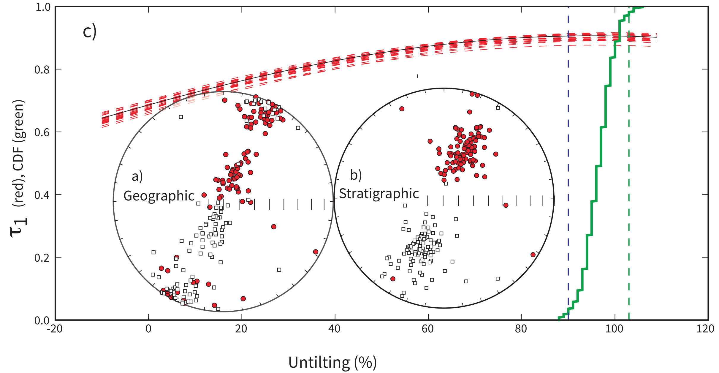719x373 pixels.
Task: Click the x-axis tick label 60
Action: pyautogui.click(x=428, y=329)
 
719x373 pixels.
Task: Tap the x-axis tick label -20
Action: pyautogui.click(x=55, y=329)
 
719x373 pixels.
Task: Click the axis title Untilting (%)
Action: pyautogui.click(x=332, y=363)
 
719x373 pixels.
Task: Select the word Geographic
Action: pyautogui.click(x=159, y=196)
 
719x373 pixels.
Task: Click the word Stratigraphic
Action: pyautogui.click(x=379, y=194)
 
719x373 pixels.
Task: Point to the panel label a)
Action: pyautogui.click(x=137, y=177)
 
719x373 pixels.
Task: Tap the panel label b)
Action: pyautogui.click(x=356, y=175)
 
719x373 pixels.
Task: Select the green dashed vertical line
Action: pyautogui.click(x=629, y=178)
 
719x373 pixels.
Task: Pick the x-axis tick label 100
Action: pyautogui.click(x=614, y=329)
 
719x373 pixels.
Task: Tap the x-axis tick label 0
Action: pyautogui.click(x=148, y=329)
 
